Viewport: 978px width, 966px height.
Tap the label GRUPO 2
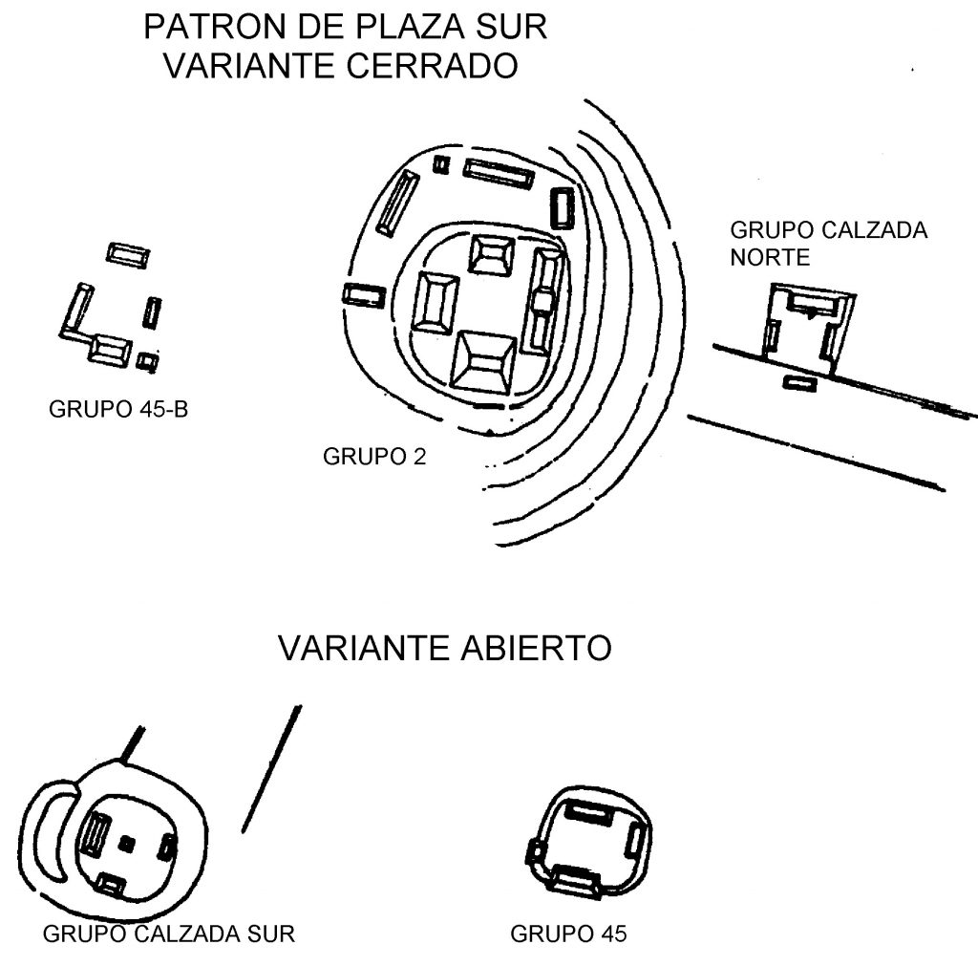click(x=373, y=456)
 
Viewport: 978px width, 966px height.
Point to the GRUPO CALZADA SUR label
click(x=169, y=933)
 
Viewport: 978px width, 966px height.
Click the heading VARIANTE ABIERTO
click(x=444, y=649)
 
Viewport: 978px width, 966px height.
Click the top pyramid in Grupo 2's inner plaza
click(x=491, y=254)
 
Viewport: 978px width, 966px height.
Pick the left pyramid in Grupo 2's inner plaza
click(x=436, y=302)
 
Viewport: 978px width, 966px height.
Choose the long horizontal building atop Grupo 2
click(x=498, y=174)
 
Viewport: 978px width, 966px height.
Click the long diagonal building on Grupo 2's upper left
click(x=397, y=204)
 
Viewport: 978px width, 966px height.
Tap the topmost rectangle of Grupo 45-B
click(x=128, y=255)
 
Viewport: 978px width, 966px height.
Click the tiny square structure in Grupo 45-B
click(x=146, y=361)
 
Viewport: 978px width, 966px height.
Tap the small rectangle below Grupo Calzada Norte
click(x=800, y=383)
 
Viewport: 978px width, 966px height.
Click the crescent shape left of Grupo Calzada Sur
click(x=48, y=833)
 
